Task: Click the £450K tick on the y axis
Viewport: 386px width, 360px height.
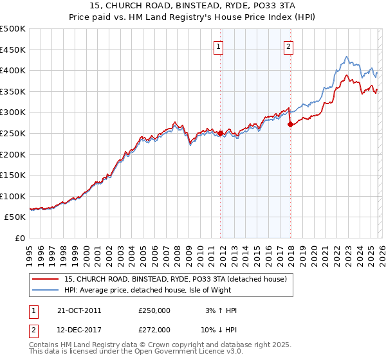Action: pos(13,50)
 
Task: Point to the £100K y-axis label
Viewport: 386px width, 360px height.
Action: pos(13,196)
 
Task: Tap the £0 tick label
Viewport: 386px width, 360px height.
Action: pos(21,238)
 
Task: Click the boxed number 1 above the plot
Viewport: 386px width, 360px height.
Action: pos(219,46)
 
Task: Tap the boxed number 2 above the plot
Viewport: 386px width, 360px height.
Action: pos(289,46)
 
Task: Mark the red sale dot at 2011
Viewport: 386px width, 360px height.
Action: pos(220,133)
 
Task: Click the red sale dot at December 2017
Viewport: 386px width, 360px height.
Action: pos(290,125)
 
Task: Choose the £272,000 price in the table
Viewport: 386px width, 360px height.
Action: pos(154,329)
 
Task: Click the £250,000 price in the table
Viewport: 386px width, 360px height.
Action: pos(154,310)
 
